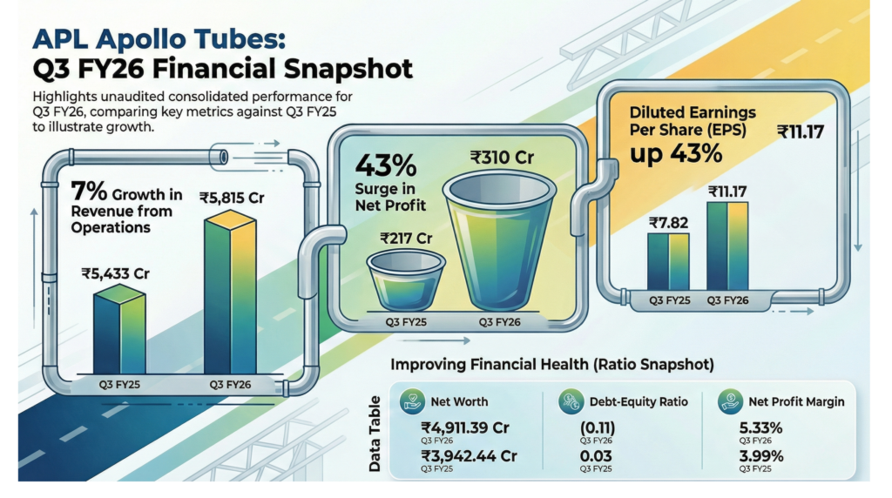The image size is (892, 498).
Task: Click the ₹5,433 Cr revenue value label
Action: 116,274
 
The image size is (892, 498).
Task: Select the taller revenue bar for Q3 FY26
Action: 230,293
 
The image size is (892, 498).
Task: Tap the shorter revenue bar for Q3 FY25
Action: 119,329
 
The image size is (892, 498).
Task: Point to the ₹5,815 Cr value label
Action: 232,198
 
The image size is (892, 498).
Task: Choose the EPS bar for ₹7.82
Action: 668,262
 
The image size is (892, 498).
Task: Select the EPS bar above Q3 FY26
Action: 727,246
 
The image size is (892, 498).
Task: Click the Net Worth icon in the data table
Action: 412,400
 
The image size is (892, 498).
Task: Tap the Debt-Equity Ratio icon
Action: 571,401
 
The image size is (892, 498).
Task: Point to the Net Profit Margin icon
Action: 730,401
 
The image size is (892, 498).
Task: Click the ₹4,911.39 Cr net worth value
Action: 465,427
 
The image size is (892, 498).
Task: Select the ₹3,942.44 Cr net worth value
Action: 469,456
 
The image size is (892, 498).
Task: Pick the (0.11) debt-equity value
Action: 598,427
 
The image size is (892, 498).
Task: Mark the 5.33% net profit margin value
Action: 761,427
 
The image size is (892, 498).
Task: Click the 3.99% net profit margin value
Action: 761,456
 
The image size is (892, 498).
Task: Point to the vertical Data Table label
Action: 375,434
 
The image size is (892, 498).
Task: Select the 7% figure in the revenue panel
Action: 89,191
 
